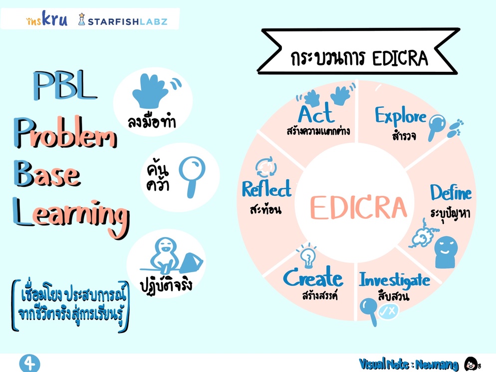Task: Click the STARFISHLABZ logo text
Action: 127,21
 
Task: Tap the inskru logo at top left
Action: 47,18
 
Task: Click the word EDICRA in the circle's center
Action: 358,207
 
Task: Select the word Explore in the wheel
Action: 401,116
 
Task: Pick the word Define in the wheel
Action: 451,192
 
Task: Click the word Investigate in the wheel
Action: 394,280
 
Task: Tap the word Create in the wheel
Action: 313,277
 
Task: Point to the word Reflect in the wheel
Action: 266,189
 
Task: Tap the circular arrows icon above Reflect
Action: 266,167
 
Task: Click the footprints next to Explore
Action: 455,128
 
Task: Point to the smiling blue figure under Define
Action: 446,252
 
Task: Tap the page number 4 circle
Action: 30,364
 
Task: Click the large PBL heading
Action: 65,85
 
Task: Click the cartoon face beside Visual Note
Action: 472,364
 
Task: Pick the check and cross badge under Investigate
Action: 388,312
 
